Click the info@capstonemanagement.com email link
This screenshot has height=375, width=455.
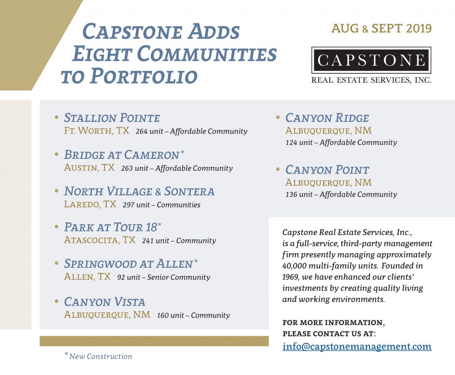click(x=357, y=346)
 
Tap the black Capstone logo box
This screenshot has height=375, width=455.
click(x=371, y=60)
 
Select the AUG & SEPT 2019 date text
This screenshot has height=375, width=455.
click(x=381, y=28)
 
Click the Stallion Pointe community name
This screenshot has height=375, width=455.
click(x=112, y=118)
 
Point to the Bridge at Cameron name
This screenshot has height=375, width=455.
click(x=121, y=155)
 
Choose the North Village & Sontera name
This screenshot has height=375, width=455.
click(x=139, y=191)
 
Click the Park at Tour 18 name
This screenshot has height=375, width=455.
click(x=111, y=227)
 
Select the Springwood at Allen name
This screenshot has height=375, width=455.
click(x=128, y=263)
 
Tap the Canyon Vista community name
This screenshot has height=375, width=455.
click(x=104, y=302)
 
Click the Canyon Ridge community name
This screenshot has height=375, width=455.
click(x=327, y=118)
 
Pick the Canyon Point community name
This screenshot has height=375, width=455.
click(x=327, y=170)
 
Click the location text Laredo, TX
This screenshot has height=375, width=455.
click(x=90, y=204)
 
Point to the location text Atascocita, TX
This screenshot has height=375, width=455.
click(x=100, y=240)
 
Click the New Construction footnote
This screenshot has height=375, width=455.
click(x=100, y=356)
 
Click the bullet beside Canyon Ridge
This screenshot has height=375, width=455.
click(x=278, y=117)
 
